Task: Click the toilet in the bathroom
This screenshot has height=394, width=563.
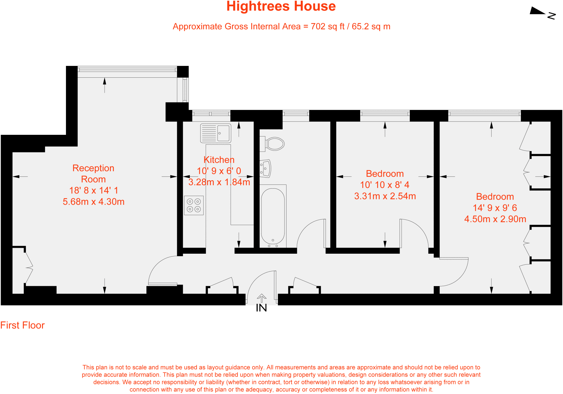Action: pos(274,144)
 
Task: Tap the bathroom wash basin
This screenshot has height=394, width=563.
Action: pos(266,168)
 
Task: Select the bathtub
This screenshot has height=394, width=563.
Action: pos(273,216)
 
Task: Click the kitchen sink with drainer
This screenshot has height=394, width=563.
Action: pos(216,133)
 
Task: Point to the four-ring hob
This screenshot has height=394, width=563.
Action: pos(194,205)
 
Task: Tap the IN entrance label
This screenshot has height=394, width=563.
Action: pos(261,308)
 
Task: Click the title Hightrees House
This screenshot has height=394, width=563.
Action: pos(281,6)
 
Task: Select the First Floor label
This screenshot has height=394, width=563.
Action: pos(22,325)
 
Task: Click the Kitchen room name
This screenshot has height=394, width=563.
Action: pos(219,160)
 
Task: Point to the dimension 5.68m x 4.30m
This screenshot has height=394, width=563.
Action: pos(93,202)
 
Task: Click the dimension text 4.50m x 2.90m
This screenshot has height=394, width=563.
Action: pos(495,219)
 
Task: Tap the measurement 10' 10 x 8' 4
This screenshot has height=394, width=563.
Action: pos(385,185)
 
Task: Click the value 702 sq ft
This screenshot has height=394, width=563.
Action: pos(327,27)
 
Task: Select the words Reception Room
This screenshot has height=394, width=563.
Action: pos(93,174)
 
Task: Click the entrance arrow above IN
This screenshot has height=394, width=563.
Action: pos(261,298)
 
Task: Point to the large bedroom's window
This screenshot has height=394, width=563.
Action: pos(484,113)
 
